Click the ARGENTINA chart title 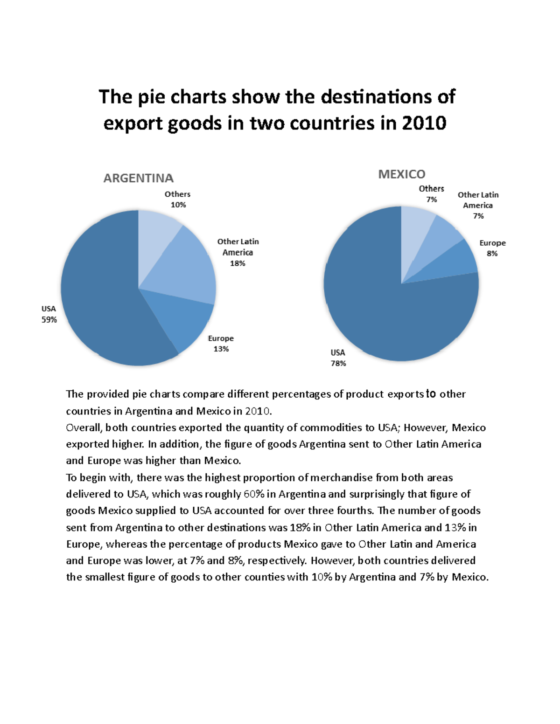pyautogui.click(x=138, y=178)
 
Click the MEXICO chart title pyautogui.click(x=401, y=174)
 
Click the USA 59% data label pyautogui.click(x=49, y=314)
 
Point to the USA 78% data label pyautogui.click(x=338, y=358)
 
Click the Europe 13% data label pyautogui.click(x=221, y=344)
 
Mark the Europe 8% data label pyautogui.click(x=492, y=248)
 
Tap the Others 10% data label pyautogui.click(x=177, y=200)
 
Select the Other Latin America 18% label pyautogui.click(x=238, y=252)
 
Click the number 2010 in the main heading pyautogui.click(x=424, y=123)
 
